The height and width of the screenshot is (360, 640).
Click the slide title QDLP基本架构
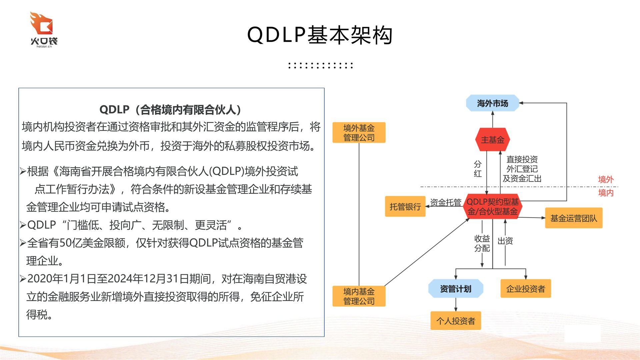click(320, 35)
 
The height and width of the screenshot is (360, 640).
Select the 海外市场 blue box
click(492, 103)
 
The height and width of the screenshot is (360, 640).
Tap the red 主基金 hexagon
click(492, 140)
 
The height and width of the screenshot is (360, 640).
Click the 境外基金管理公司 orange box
click(359, 133)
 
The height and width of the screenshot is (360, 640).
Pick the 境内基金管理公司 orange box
click(359, 296)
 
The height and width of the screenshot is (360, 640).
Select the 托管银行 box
click(405, 207)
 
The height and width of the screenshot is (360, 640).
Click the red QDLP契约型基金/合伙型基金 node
click(492, 207)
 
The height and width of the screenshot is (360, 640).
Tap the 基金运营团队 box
click(573, 218)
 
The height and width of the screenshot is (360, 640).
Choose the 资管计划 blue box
click(455, 289)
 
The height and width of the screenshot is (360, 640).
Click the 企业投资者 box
click(525, 289)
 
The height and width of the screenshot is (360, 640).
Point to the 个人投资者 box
click(455, 321)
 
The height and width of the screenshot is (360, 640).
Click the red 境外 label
click(606, 180)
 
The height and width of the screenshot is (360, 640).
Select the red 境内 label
click(606, 193)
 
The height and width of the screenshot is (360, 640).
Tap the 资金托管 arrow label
click(445, 202)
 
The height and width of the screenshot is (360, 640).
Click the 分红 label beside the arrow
click(478, 169)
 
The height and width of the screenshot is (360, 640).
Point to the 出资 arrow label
click(505, 241)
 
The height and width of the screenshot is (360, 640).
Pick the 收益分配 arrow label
click(482, 243)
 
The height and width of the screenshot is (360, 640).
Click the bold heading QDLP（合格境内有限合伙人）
click(171, 109)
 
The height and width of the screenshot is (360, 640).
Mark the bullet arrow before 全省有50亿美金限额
click(23, 243)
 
